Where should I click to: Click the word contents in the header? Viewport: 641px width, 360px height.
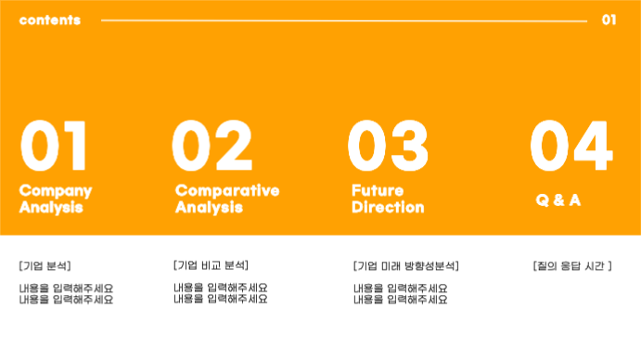pos(49,19)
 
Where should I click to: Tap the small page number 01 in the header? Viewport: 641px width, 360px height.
pos(609,19)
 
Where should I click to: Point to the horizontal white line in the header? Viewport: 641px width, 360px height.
pos(343,19)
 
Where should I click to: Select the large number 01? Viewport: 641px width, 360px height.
pos(54,147)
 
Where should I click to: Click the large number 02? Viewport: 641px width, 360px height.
pos(212,147)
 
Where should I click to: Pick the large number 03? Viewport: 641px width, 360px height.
pos(388,147)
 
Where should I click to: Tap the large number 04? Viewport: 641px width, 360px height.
pos(570,147)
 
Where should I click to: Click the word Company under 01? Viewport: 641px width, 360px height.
pos(56,190)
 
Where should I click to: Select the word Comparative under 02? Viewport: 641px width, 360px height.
pos(227,190)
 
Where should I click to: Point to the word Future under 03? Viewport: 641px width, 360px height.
pos(378,190)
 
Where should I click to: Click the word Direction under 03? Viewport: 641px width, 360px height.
pos(388,207)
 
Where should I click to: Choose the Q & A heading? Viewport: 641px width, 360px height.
pos(558,199)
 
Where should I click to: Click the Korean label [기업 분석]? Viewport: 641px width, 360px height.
pos(45,266)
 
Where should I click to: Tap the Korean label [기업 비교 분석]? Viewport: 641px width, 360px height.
pos(211,265)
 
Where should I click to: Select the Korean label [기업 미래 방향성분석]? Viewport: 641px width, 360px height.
pos(406,266)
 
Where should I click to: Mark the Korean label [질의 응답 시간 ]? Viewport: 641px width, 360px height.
pos(572,266)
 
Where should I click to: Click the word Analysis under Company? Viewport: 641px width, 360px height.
pos(51,207)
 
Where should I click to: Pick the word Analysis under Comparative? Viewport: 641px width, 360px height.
pos(209,207)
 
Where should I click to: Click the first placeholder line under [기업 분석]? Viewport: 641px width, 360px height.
pos(66,289)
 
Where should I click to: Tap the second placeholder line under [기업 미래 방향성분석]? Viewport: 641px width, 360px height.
pos(400,300)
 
